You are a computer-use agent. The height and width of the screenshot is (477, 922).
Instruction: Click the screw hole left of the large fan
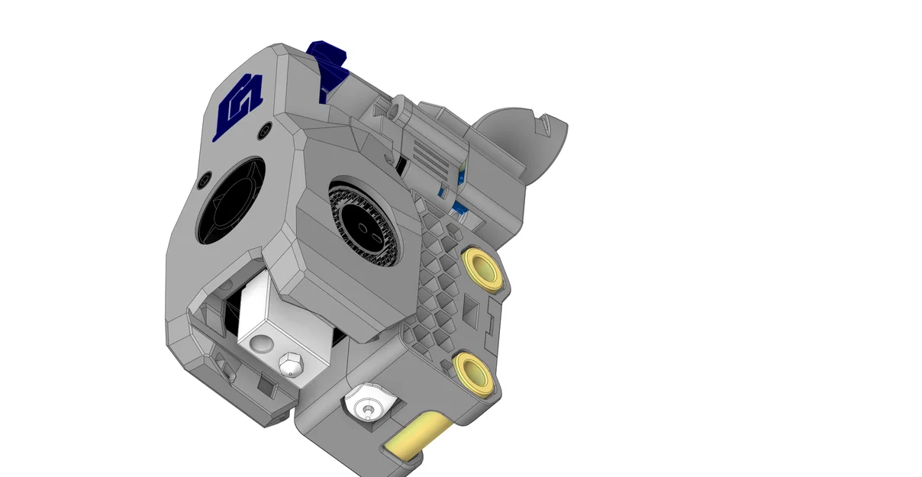pos(201,182)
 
